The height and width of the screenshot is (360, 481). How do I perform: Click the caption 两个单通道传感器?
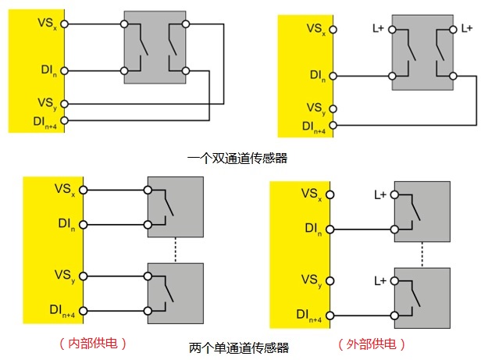pyautogui.click(x=239, y=348)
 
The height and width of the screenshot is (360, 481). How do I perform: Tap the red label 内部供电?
pyautogui.click(x=93, y=343)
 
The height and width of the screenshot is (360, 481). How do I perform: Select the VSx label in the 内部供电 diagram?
pyautogui.click(x=65, y=189)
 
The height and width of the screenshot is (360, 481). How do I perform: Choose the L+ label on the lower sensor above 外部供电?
pyautogui.click(x=381, y=280)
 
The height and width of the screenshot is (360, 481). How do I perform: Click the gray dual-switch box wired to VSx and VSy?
pyautogui.click(x=155, y=48)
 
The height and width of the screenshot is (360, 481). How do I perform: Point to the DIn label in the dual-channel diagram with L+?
pyautogui.click(x=317, y=75)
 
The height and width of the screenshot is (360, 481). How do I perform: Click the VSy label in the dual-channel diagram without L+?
pyautogui.click(x=46, y=102)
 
